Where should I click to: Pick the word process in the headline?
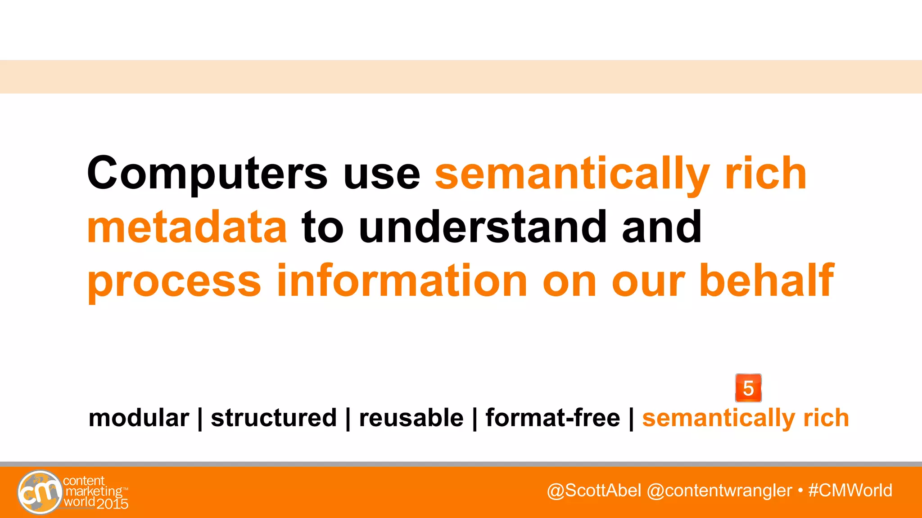point(174,282)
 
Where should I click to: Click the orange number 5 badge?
point(748,388)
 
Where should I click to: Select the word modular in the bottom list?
point(139,418)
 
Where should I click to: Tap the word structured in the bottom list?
point(274,418)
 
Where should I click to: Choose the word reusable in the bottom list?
point(411,418)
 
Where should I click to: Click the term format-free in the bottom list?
point(553,418)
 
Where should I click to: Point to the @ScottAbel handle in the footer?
point(594,490)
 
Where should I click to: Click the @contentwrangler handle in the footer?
point(719,490)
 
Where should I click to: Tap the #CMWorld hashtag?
point(850,490)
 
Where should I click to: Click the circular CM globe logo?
point(40,492)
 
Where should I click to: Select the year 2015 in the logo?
point(113,504)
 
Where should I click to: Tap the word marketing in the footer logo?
point(94,491)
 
